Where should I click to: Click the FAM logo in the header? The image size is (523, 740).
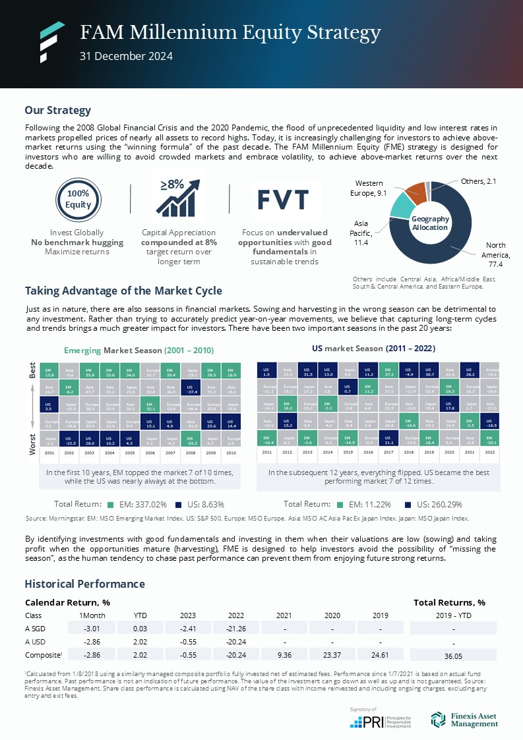pos(51,42)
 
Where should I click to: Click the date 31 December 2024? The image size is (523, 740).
pos(126,56)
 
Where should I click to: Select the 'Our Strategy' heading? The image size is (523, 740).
pos(57,110)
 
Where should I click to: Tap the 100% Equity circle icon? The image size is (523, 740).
pos(77,198)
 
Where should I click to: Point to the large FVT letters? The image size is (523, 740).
pos(283,198)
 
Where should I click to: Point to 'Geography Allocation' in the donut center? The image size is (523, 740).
pos(430,223)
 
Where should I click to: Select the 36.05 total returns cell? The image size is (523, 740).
pos(452,656)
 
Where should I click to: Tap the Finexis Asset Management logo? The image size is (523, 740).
pos(464,720)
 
